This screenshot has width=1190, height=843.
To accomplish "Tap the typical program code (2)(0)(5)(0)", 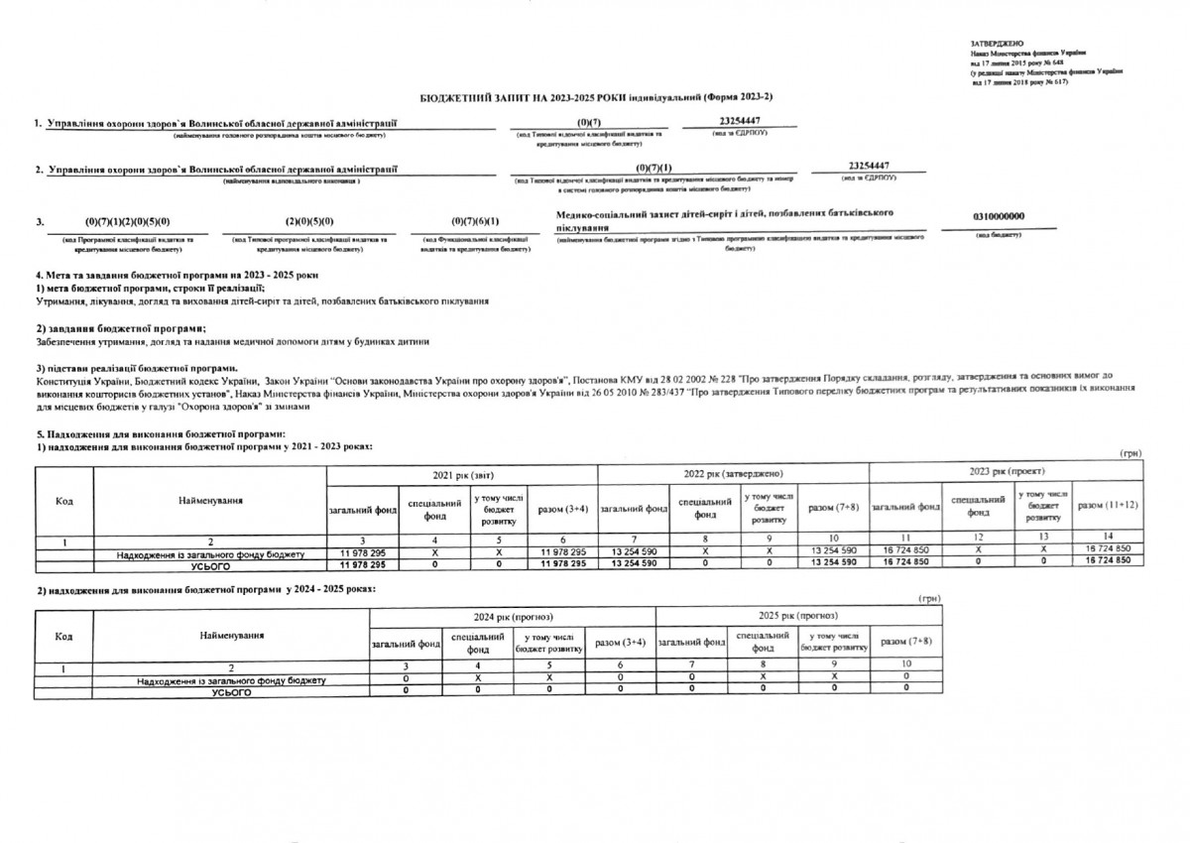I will point(308,221).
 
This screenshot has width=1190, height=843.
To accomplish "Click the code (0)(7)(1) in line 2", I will point(654,166).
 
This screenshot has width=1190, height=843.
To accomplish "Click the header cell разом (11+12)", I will point(1108,505).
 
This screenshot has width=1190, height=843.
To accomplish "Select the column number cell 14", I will point(1108,536).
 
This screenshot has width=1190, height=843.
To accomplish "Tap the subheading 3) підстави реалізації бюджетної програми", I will point(136,368).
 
